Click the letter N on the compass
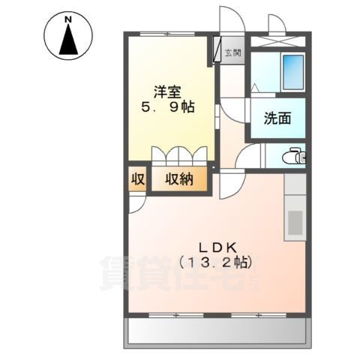coord(68,18)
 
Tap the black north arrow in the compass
coord(68,39)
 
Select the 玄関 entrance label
coord(232,53)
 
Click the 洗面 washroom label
coord(277,118)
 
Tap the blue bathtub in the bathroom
coord(290,71)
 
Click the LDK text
coord(217,247)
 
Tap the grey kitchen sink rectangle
coord(295,223)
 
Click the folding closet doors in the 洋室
coord(179,154)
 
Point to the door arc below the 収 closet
coord(136,202)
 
